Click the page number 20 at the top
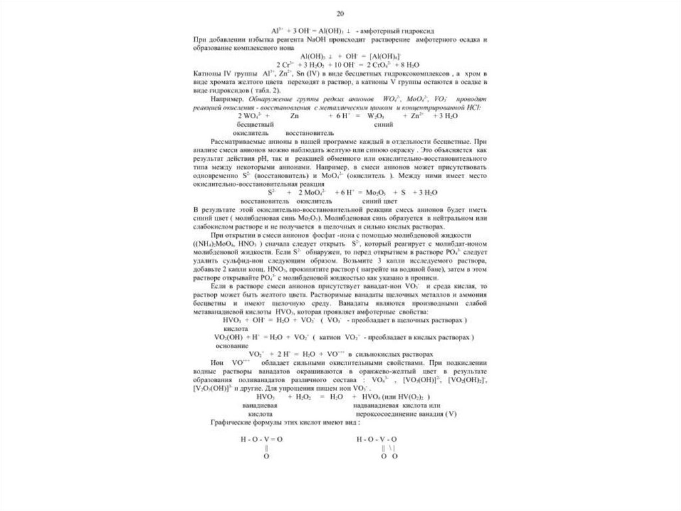click(340, 13)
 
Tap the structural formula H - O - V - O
click(376, 439)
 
